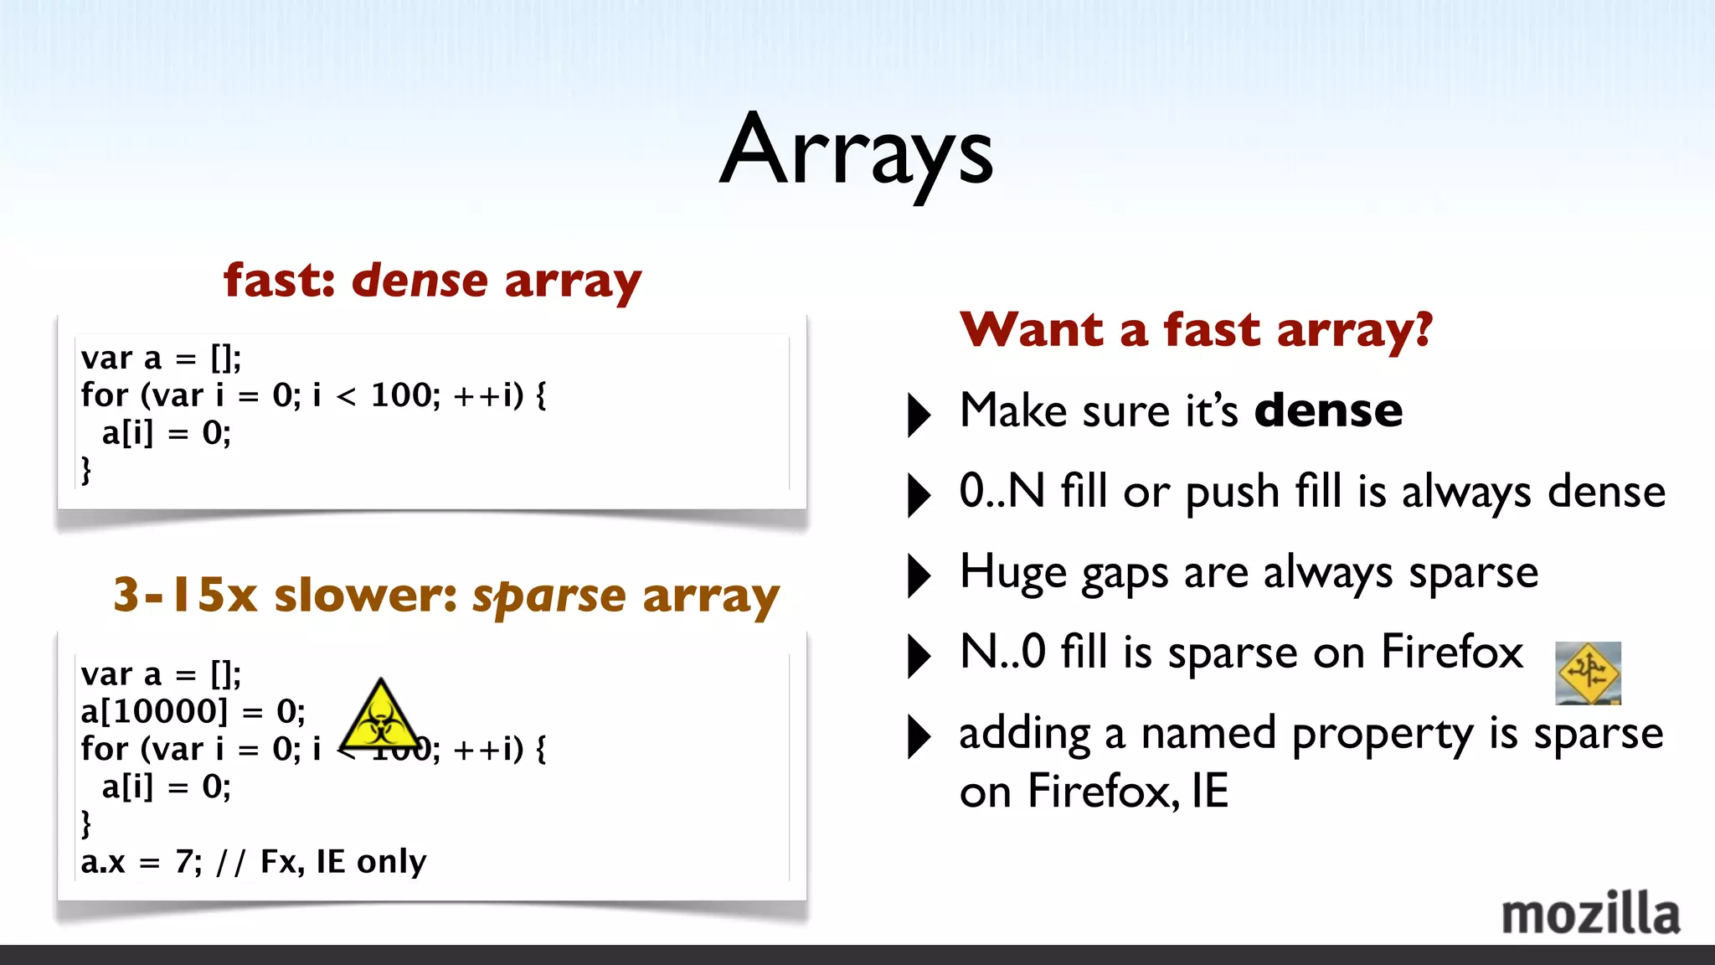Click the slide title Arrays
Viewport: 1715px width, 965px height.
[x=856, y=151]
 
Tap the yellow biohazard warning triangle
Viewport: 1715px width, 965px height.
[x=381, y=718]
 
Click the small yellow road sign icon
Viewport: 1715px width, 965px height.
[x=1588, y=673]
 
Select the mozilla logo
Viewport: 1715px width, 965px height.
[x=1589, y=914]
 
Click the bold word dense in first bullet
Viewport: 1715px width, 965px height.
[x=1327, y=410]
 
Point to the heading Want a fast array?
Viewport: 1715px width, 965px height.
[x=1196, y=329]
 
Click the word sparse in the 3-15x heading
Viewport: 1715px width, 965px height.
[x=548, y=596]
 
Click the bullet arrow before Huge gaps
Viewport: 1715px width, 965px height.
[x=919, y=575]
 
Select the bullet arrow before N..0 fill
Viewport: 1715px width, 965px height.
[x=919, y=655]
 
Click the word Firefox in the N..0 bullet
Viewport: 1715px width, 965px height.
[x=1451, y=652]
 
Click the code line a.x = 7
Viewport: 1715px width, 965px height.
[x=141, y=862]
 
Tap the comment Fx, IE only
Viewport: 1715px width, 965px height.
[x=343, y=862]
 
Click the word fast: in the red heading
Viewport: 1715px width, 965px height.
[x=279, y=281]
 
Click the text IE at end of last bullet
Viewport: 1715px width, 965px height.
[x=1209, y=791]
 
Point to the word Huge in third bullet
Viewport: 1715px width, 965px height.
[x=1012, y=573]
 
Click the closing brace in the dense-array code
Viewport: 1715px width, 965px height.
[x=85, y=469]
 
